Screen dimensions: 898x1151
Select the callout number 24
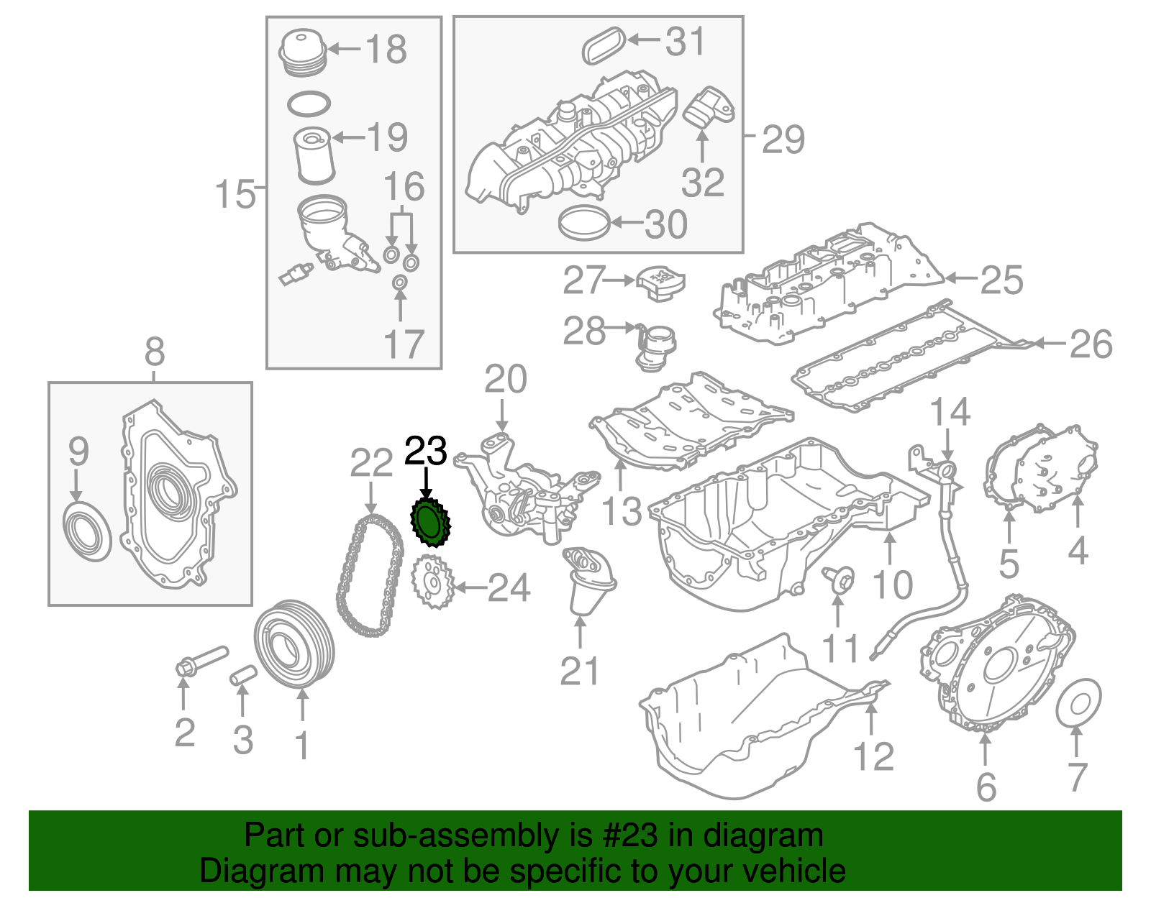[509, 588]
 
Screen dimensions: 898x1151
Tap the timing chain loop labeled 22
[369, 575]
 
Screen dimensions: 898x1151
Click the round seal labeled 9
[88, 532]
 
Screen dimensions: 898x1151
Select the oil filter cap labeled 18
[303, 52]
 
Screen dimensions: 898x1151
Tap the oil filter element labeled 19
[315, 155]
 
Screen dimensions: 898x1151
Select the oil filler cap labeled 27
[660, 285]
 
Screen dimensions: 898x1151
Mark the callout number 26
[1091, 344]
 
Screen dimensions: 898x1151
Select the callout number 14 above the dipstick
[950, 412]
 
